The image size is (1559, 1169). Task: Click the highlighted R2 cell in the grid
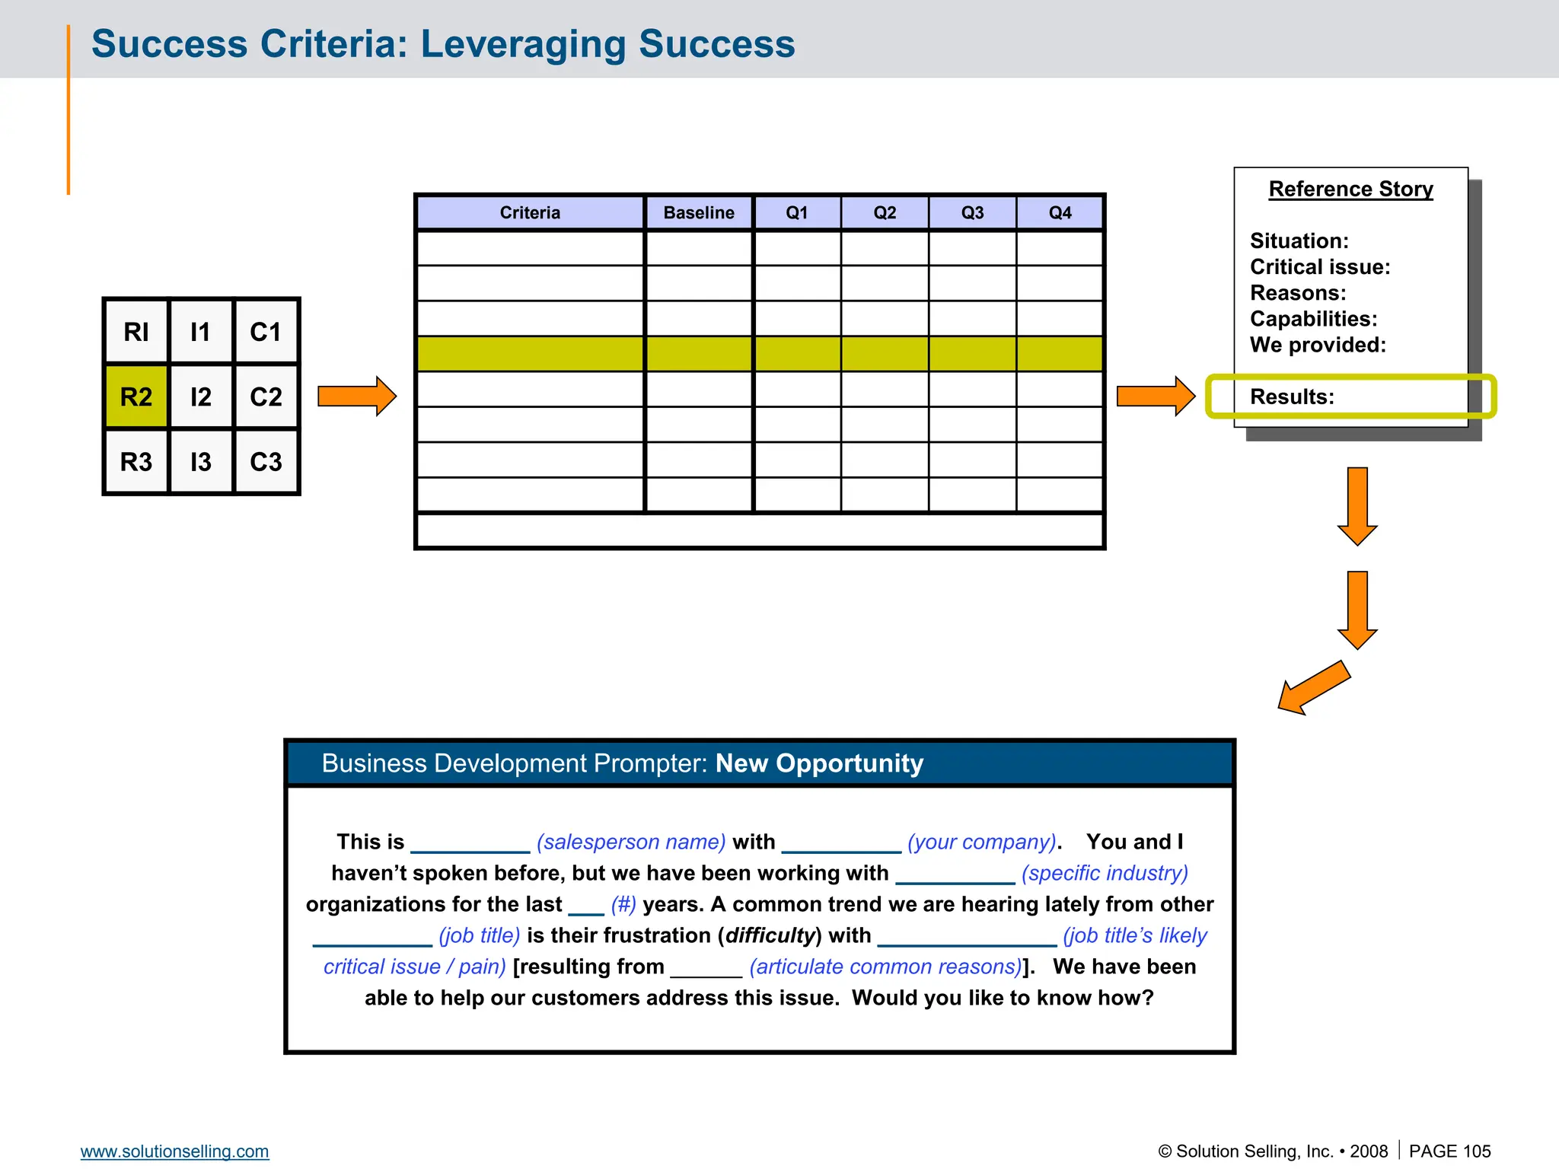click(136, 397)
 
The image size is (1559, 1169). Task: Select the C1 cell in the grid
click(266, 332)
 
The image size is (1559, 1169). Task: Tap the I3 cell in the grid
click(201, 462)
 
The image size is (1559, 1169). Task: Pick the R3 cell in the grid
click(136, 462)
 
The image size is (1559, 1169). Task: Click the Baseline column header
click(699, 213)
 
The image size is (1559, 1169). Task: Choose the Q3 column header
click(972, 213)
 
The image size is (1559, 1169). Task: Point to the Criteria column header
click(530, 213)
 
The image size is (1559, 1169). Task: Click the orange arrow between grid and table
click(356, 396)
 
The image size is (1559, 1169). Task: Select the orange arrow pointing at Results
click(1155, 396)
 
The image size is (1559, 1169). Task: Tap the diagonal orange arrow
click(1314, 688)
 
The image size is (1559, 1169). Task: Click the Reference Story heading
click(1350, 189)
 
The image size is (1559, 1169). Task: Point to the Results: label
click(1292, 397)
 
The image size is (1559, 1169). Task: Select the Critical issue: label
click(1320, 267)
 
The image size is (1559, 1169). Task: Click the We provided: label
click(1318, 345)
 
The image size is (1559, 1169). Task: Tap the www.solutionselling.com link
click(174, 1151)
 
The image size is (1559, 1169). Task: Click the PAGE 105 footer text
click(1449, 1151)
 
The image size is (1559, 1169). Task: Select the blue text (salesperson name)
click(631, 842)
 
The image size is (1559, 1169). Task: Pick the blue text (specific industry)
click(1105, 873)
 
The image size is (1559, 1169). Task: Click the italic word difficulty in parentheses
click(770, 935)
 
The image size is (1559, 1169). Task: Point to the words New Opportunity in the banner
click(819, 763)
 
